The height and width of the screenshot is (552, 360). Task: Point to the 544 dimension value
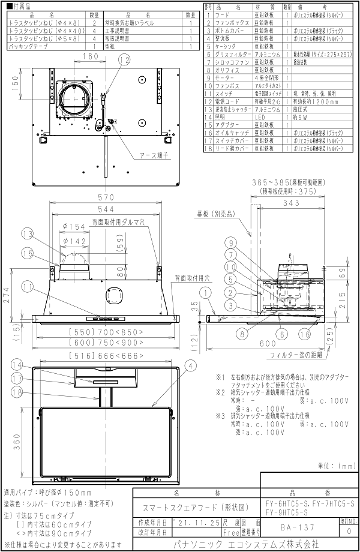tap(106, 210)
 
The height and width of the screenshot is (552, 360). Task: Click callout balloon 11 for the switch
tap(43, 287)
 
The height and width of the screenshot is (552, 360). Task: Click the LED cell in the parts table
tap(265, 117)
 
